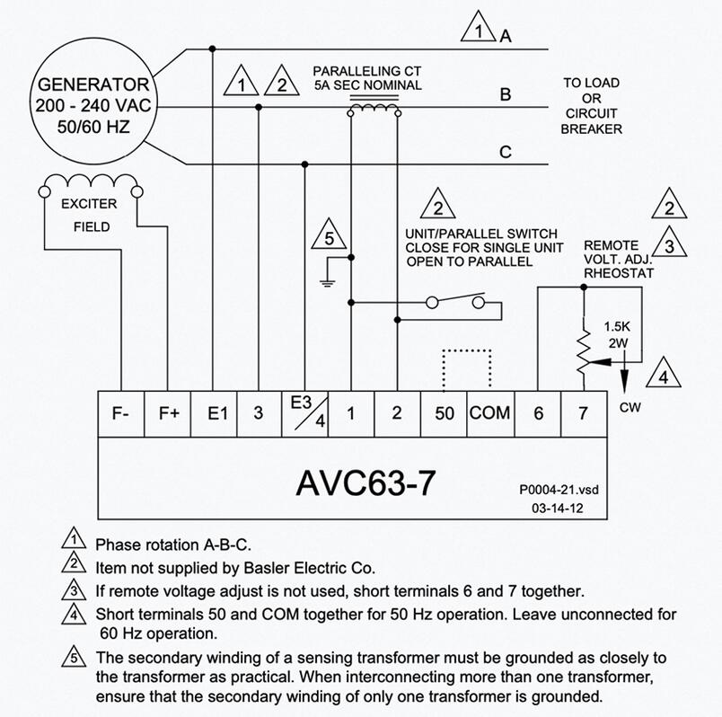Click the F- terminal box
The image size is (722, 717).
[x=121, y=414]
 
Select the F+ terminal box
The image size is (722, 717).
[x=168, y=414]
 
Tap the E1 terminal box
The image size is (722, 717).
[x=214, y=414]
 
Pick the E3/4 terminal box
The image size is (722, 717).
[x=304, y=414]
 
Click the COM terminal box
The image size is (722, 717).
[x=490, y=414]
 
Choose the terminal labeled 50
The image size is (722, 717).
[x=444, y=414]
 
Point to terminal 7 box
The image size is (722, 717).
[x=584, y=414]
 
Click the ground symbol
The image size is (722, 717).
[x=328, y=283]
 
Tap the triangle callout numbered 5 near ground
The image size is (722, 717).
[x=329, y=235]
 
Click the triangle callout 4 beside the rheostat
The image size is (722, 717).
[x=663, y=374]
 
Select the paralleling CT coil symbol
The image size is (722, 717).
[x=374, y=109]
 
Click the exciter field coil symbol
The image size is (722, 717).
[x=91, y=184]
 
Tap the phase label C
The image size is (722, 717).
[x=505, y=152]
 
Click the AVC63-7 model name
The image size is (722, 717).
[x=365, y=483]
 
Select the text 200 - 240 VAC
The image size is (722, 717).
[x=93, y=105]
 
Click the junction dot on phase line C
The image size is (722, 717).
[x=304, y=164]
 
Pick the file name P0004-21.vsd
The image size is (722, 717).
[x=559, y=490]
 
